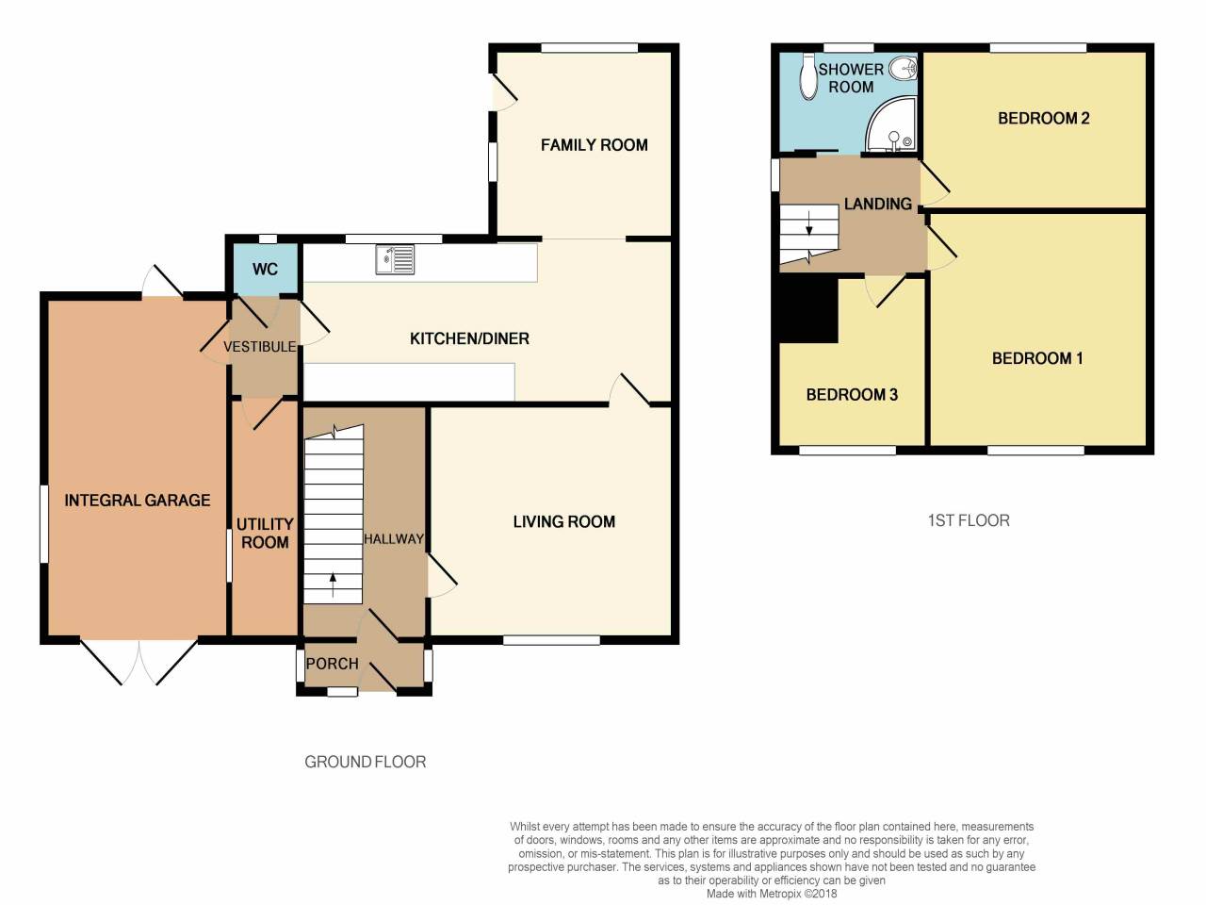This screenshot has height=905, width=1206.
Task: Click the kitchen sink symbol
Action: pyautogui.click(x=395, y=259)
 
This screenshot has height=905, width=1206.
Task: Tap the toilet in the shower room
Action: pyautogui.click(x=807, y=76)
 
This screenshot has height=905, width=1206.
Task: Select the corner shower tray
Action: pyautogui.click(x=890, y=126)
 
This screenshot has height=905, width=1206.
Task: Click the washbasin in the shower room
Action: pyautogui.click(x=904, y=68)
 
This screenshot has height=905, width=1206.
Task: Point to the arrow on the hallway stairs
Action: pyautogui.click(x=333, y=584)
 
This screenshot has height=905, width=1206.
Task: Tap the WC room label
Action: pyautogui.click(x=265, y=269)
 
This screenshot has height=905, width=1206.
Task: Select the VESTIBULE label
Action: pyautogui.click(x=259, y=347)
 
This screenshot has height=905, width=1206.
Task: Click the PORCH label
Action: pyautogui.click(x=332, y=664)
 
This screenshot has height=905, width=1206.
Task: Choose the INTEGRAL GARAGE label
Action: pyautogui.click(x=138, y=501)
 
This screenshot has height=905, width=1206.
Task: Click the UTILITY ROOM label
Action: pyautogui.click(x=265, y=533)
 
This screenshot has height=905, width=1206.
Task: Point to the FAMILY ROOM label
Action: pyautogui.click(x=594, y=145)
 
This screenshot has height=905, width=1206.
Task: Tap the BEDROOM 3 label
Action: pyautogui.click(x=852, y=395)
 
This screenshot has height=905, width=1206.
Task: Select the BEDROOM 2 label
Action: pyautogui.click(x=1043, y=118)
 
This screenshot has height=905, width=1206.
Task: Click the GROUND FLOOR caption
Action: pyautogui.click(x=365, y=762)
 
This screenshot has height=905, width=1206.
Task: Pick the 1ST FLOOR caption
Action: pyautogui.click(x=969, y=520)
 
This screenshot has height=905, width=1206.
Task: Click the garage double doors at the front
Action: pyautogui.click(x=139, y=660)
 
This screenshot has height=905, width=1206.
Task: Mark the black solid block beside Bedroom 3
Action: pyautogui.click(x=807, y=311)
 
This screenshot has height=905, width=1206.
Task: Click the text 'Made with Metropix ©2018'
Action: pyautogui.click(x=772, y=894)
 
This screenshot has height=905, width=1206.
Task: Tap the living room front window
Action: pyautogui.click(x=551, y=640)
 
